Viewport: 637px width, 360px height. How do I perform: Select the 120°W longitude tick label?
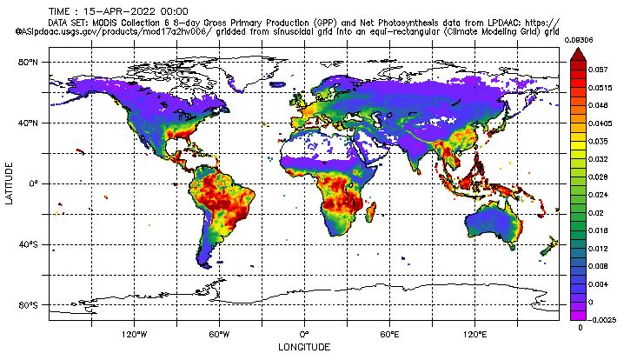click(133, 334)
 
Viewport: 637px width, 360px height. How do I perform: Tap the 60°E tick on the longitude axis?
click(389, 334)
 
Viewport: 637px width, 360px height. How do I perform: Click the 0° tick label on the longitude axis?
click(304, 334)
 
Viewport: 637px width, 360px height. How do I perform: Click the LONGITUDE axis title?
click(303, 347)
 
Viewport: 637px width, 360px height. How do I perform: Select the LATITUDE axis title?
click(9, 183)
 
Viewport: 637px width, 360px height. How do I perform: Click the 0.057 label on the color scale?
click(597, 69)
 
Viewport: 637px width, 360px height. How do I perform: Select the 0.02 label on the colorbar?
click(595, 212)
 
